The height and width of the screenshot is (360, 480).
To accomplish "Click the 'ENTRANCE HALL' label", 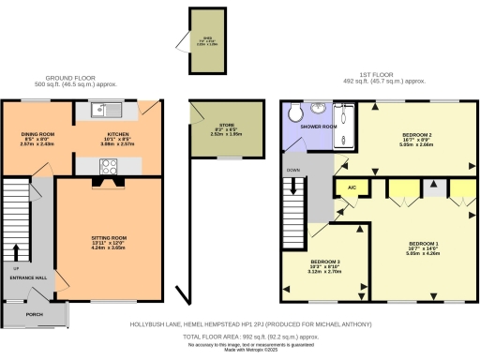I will point(29,278).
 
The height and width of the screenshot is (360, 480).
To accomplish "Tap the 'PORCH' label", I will point(35,314).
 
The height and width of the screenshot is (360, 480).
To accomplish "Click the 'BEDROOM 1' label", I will point(419,242).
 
